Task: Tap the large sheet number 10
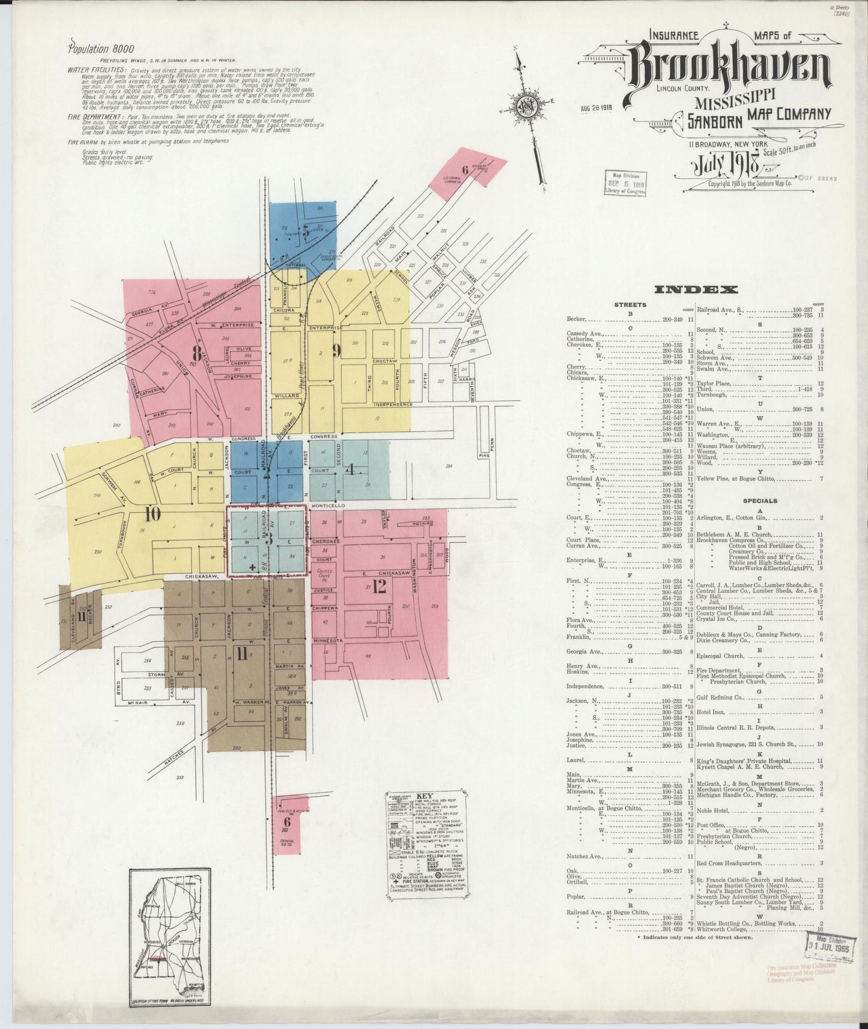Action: (153, 513)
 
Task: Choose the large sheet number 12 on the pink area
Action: (378, 587)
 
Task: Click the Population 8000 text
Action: (102, 49)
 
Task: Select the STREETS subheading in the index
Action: (630, 305)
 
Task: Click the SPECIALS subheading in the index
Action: (760, 501)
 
